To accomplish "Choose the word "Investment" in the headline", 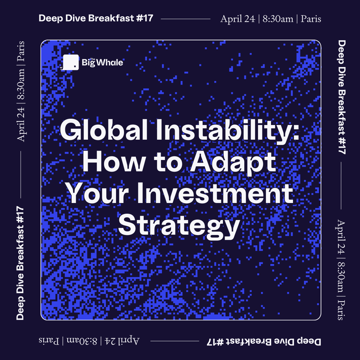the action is pyautogui.click(x=215, y=193).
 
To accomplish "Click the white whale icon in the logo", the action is pyautogui.click(x=70, y=62).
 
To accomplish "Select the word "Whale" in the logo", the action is pyautogui.click(x=110, y=62).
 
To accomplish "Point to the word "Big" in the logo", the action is pyautogui.click(x=88, y=63).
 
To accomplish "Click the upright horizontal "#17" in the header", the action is pyautogui.click(x=144, y=18).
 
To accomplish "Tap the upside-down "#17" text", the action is pyautogui.click(x=215, y=342).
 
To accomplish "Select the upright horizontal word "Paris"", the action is pyautogui.click(x=311, y=19).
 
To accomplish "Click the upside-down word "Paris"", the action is pyautogui.click(x=49, y=341).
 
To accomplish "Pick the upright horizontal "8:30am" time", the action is pyautogui.click(x=278, y=19).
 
